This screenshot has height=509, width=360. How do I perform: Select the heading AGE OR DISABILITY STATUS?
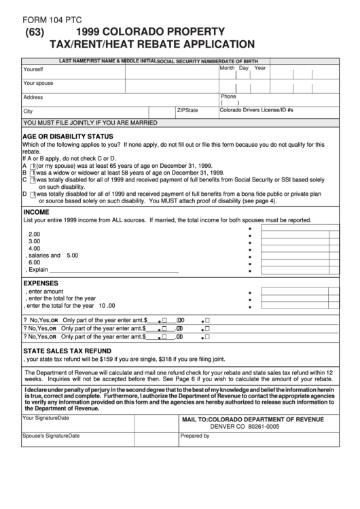coord(68,136)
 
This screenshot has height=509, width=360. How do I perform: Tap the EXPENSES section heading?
coord(41,283)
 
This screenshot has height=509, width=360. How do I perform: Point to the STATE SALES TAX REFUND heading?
coord(67,351)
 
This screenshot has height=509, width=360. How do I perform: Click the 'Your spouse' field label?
coord(38,83)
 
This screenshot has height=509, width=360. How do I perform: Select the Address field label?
coord(33,97)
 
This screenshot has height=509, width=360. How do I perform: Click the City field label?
coord(28,111)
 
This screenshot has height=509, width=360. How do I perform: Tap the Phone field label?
coord(228,96)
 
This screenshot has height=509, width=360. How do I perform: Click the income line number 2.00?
coord(34,234)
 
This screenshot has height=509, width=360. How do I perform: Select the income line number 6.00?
coord(34,262)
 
